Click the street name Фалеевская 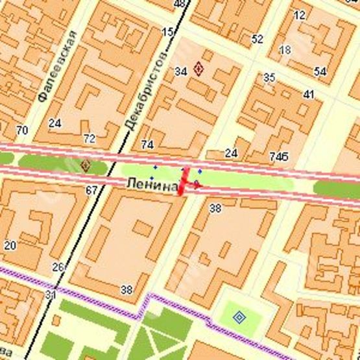tap(56, 66)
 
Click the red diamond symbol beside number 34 tap(198, 69)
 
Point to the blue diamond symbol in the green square tap(239, 317)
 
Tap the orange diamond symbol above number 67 tap(85, 166)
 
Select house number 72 tap(89, 138)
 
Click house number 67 tap(91, 190)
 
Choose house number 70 tap(22, 130)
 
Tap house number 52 tap(258, 39)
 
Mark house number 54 tap(320, 71)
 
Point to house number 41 tap(309, 95)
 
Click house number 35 tap(269, 78)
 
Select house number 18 tap(285, 50)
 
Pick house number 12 tap(299, 15)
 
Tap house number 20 tap(10, 246)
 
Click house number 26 tap(59, 267)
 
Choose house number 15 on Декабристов tap(168, 32)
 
